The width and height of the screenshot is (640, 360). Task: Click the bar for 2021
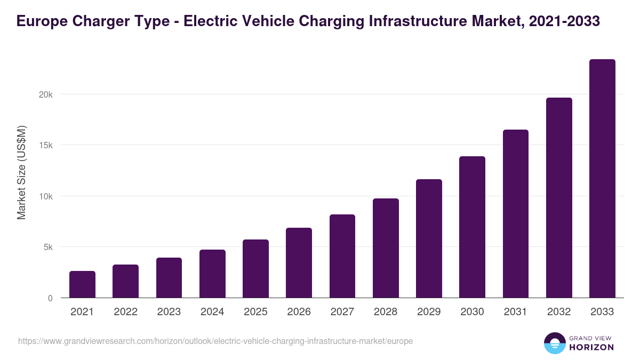tap(82, 284)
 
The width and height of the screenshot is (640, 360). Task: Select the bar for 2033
tap(602, 179)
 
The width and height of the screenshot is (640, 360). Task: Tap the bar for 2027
tap(342, 256)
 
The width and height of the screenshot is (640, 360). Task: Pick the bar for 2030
tap(472, 227)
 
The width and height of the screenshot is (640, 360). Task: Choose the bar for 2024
tap(212, 274)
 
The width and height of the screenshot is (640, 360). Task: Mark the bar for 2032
tap(559, 198)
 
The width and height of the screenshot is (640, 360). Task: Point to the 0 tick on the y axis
tap(51, 298)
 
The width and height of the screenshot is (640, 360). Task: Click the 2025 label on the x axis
tap(255, 312)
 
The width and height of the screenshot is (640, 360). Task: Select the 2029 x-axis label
tap(429, 312)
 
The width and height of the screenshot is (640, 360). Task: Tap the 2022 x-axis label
tap(125, 312)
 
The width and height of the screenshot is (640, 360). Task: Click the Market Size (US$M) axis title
tap(21, 172)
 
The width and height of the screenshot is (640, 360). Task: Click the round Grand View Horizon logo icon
tap(554, 343)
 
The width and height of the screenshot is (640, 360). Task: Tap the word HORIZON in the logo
tap(591, 347)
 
